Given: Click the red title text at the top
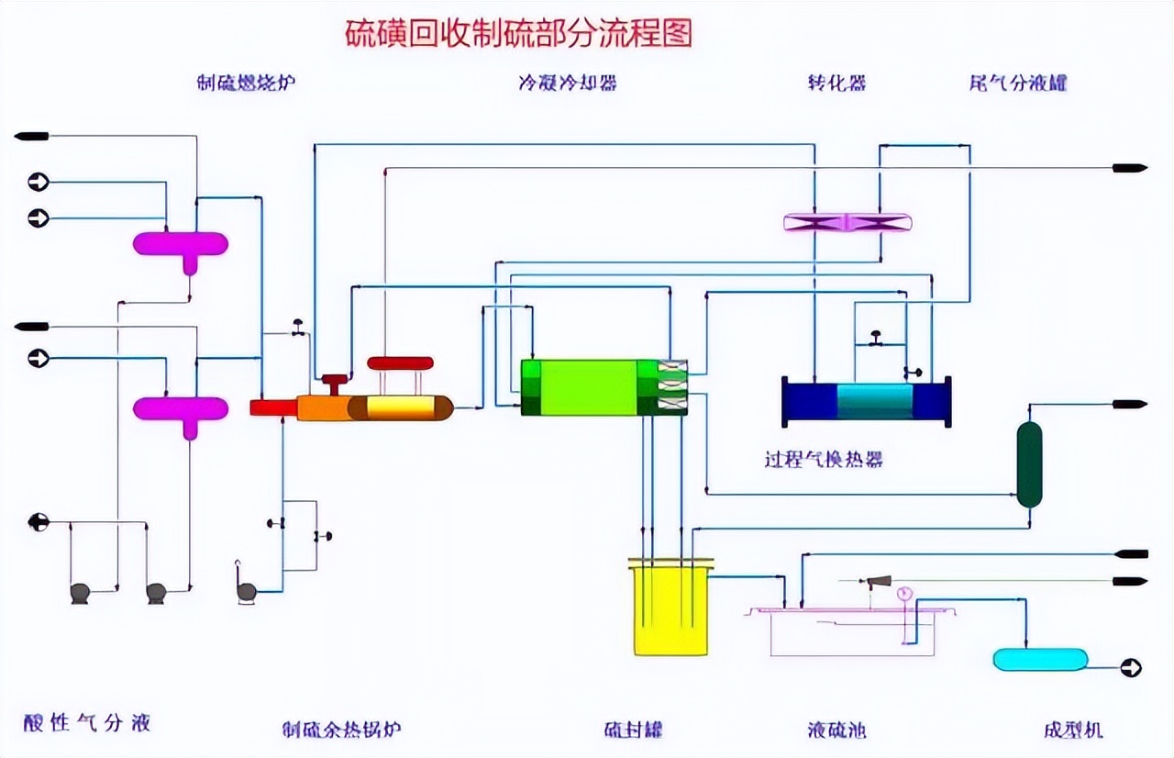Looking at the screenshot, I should coord(518,33).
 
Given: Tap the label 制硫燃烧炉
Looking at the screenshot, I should coord(247,83).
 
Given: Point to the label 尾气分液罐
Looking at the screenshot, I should coord(1017,83).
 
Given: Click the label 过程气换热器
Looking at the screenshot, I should coord(824,460).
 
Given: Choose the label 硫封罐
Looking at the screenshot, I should coord(633,730).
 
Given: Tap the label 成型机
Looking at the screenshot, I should coord(1073,730).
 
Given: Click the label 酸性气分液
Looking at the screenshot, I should coord(87,723).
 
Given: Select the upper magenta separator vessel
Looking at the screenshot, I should coord(181,244).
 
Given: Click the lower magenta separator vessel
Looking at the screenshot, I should coord(181,408).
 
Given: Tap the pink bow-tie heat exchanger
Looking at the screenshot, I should coord(847,222).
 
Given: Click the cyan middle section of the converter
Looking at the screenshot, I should coord(875,402).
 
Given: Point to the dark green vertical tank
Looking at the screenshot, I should coord(1030,464).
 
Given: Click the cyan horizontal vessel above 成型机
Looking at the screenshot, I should coord(1040,659).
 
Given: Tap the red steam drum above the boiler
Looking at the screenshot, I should coord(400,362).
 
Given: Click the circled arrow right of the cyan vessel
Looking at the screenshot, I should coord(1131,668).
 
